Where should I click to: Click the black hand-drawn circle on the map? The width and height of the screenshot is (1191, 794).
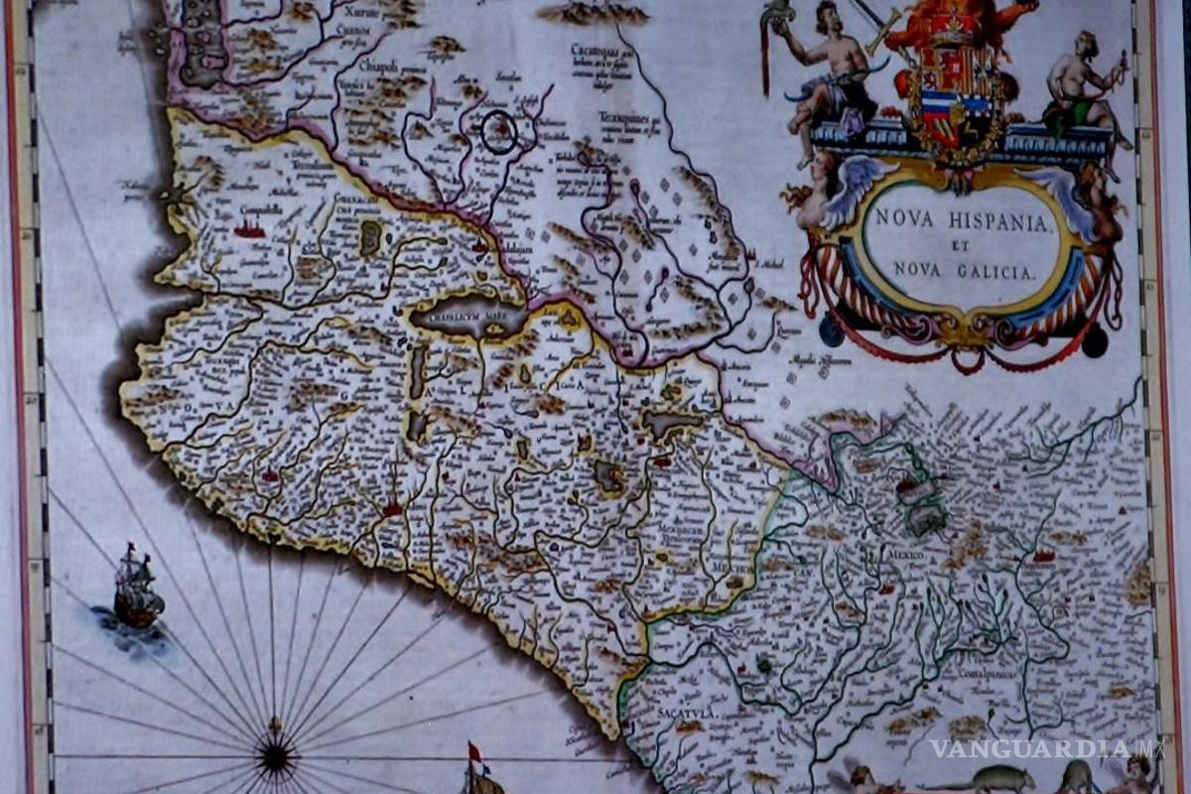click(499, 132)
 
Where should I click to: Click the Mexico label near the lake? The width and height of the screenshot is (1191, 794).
click(906, 555)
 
